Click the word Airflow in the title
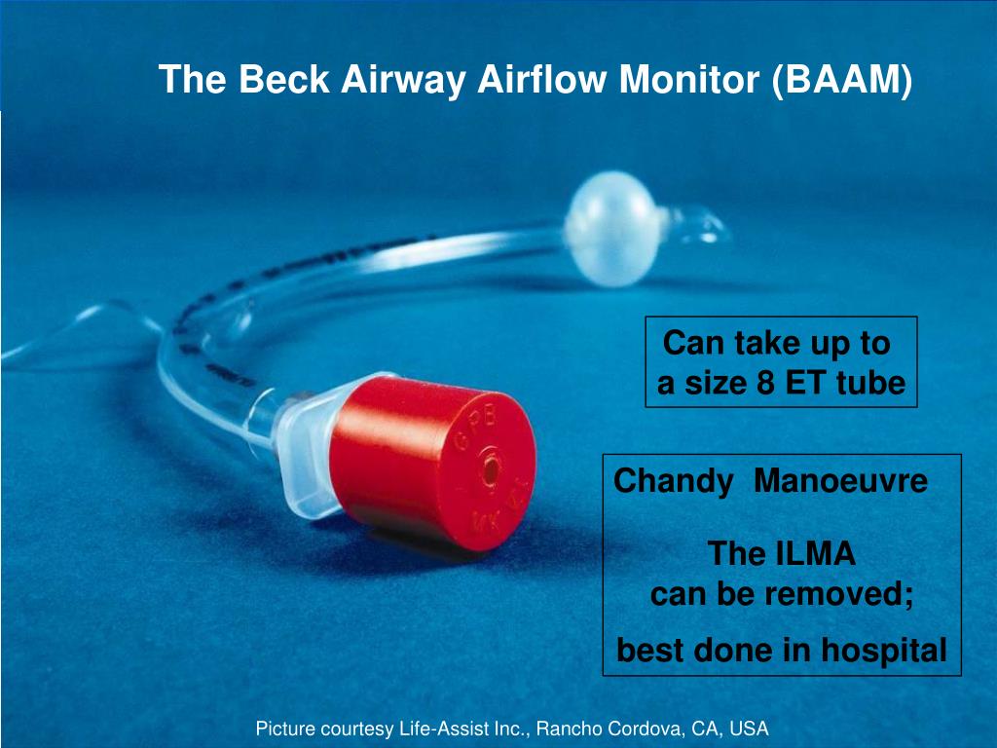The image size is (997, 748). pos(546,80)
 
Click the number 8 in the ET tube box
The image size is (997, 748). pos(766,384)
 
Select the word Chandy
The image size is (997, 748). pos(673,480)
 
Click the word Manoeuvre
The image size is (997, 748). pos(840,480)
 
